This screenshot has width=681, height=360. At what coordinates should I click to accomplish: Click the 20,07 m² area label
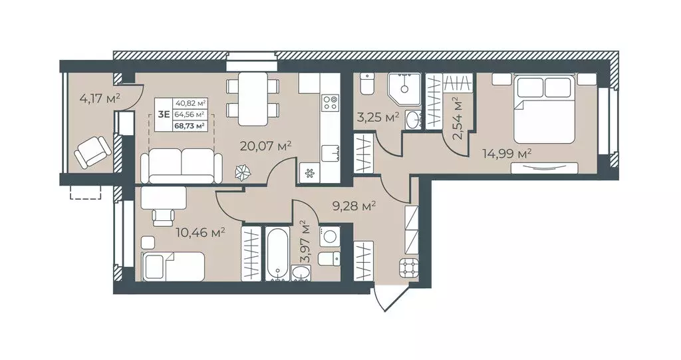[x=265, y=146]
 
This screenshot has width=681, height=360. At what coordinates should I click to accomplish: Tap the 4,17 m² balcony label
[x=100, y=98]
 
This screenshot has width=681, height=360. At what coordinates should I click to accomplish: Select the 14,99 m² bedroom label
[x=507, y=153]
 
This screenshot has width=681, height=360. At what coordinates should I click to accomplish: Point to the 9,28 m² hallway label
[x=354, y=206]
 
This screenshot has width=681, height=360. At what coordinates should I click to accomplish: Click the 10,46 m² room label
[x=200, y=233]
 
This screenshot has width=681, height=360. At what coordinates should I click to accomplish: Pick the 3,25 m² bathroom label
[x=378, y=117]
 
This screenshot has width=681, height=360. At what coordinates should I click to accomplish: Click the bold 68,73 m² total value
[x=189, y=126]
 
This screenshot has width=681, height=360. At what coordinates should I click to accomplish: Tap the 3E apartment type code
[x=164, y=114]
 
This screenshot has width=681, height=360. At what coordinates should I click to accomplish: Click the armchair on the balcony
[x=92, y=151]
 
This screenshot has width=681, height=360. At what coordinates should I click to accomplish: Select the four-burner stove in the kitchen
[x=330, y=102]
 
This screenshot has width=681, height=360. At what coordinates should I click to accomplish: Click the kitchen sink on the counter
[x=330, y=152]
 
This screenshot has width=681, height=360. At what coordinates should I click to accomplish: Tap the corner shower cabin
[x=404, y=89]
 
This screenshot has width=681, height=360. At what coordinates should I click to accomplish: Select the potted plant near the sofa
[x=243, y=173]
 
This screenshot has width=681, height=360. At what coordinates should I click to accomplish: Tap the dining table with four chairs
[x=253, y=99]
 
